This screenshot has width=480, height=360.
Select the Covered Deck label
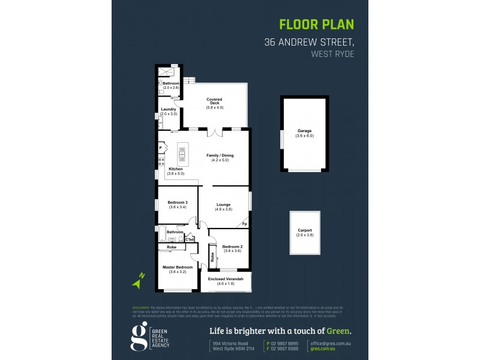214,100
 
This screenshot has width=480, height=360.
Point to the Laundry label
169,110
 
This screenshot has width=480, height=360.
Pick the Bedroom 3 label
178,203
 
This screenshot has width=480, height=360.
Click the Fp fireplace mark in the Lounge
244,224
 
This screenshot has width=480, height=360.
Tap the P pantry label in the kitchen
160,148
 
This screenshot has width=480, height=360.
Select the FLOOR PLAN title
317,25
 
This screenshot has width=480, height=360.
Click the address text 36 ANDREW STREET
310,43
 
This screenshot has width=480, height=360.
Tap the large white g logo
139,336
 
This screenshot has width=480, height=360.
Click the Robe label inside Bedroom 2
212,257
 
